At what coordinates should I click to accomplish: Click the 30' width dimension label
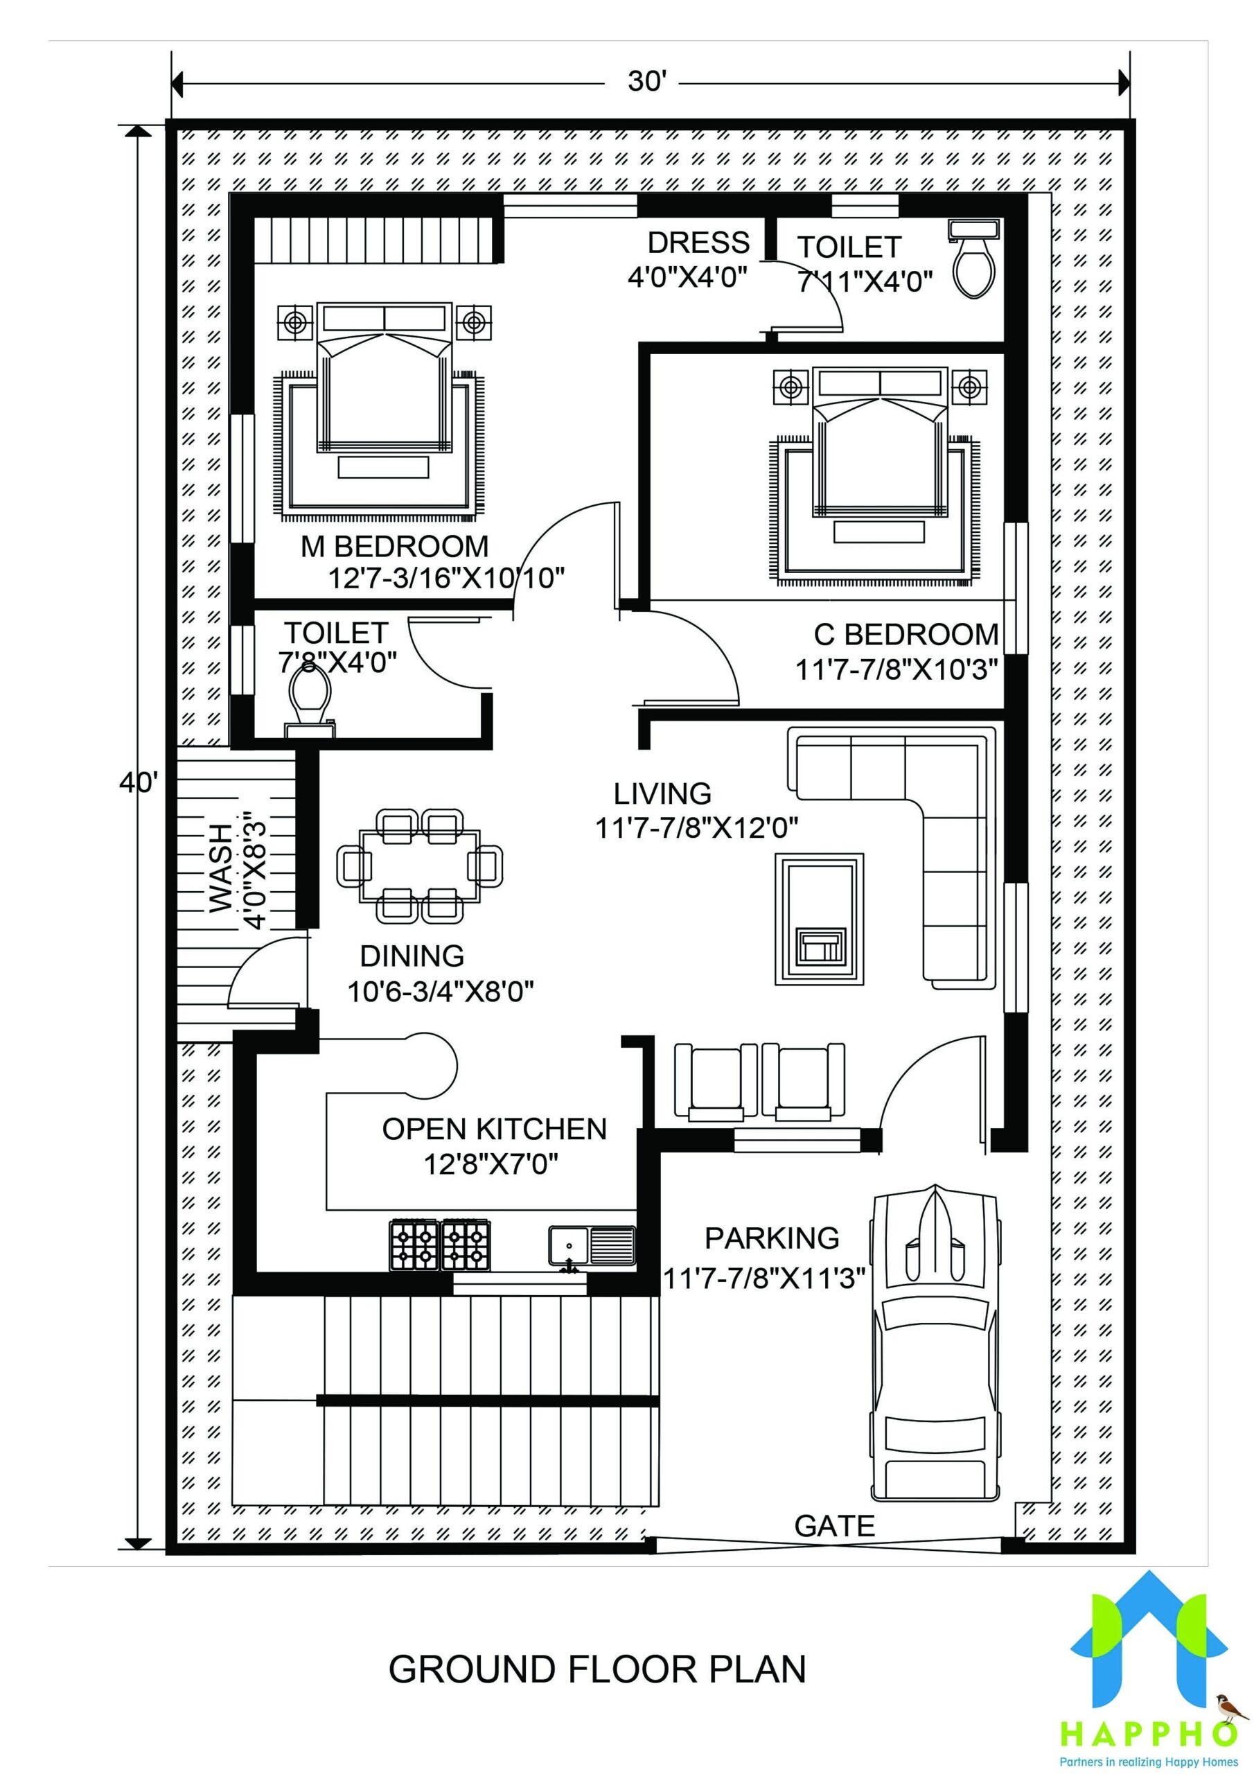646,80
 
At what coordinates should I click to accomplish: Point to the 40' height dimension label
139,782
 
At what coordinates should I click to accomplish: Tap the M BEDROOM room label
394,546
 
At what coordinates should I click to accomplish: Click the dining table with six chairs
420,866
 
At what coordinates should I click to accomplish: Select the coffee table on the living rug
819,919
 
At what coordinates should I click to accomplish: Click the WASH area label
220,868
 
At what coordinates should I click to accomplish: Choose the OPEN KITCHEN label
495,1129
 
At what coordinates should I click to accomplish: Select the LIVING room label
662,793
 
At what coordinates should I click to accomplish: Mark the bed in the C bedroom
879,444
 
